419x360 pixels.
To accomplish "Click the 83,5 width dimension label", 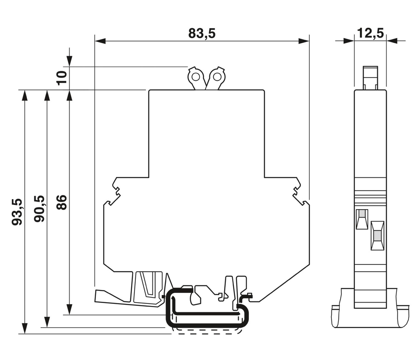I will pyautogui.click(x=202, y=34).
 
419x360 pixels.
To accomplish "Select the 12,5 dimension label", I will pyautogui.click(x=370, y=33).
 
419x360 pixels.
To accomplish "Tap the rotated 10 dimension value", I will pyautogui.click(x=62, y=78).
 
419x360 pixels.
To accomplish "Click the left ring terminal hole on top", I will pyautogui.click(x=195, y=77).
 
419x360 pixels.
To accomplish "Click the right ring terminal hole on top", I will pyautogui.click(x=217, y=77).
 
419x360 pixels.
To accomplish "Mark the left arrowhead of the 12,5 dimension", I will pyautogui.click(x=349, y=41).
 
